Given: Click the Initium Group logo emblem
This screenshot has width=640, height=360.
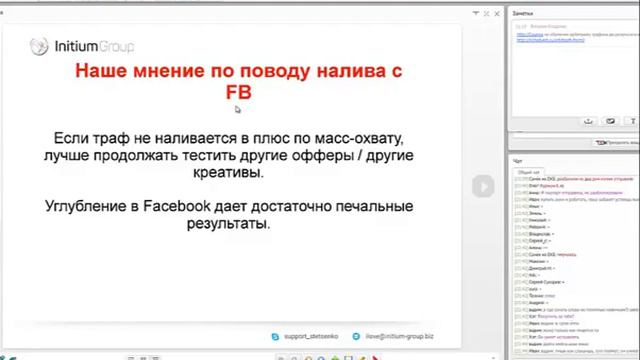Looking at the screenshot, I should tap(39, 46).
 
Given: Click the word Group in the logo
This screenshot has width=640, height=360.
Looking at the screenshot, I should tap(116, 46).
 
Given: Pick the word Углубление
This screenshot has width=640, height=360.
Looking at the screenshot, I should tap(88, 207).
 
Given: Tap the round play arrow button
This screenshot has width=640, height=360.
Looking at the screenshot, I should tap(482, 186).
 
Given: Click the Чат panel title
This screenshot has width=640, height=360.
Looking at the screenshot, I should tap(517, 160).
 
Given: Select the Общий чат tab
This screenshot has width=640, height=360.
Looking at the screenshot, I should tap(526, 172).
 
